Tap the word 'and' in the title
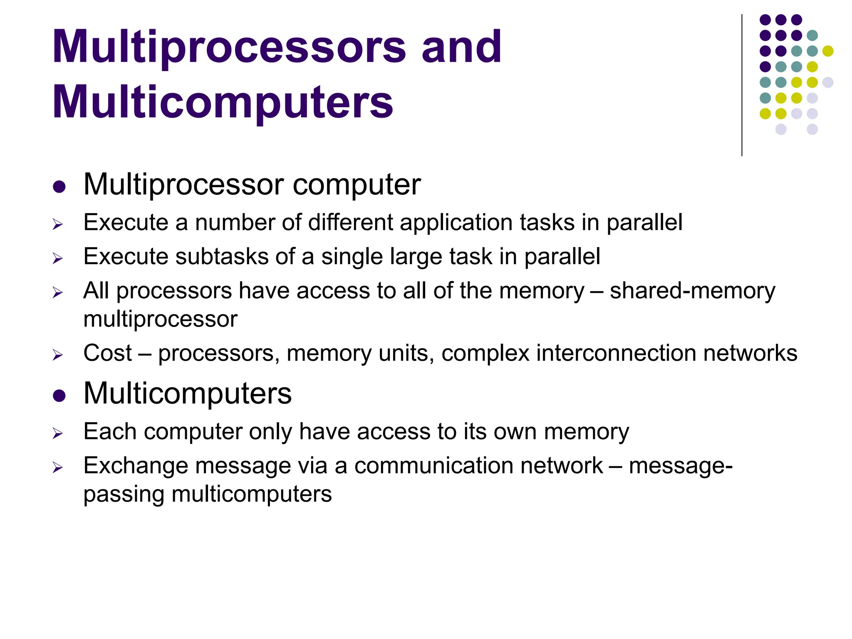coord(461,47)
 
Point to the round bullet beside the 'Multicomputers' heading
coord(59,395)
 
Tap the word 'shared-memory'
coord(692,290)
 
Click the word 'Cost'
coord(107,353)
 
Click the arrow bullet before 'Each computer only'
coord(58,434)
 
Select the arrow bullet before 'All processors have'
coord(58,293)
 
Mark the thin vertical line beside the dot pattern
coord(742,85)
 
